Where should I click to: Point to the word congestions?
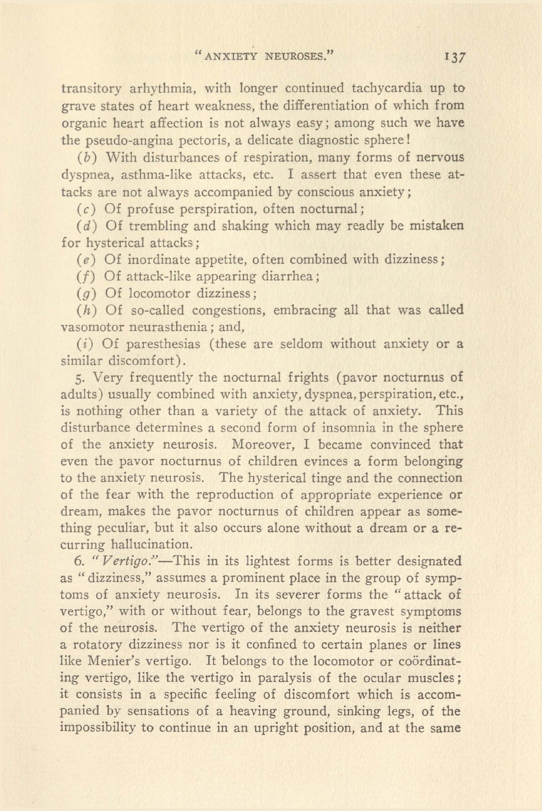point(229,310)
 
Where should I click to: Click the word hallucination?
point(151,545)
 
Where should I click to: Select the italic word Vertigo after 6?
point(128,561)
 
